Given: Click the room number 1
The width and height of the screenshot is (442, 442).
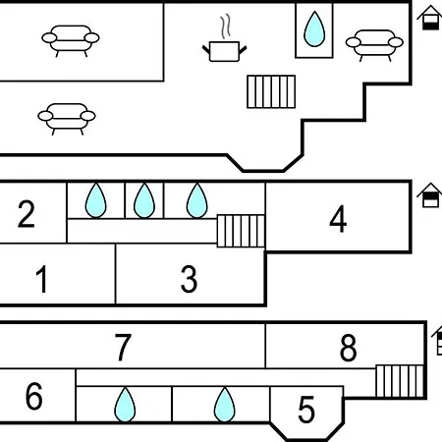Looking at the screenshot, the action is click(42, 279).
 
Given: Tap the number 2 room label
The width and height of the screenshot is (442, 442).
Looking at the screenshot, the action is click(27, 214).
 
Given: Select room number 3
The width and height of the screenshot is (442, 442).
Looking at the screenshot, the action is click(190, 279).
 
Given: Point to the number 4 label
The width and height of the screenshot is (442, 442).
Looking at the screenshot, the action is click(338, 219).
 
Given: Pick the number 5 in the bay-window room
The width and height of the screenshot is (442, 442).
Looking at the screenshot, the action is click(306, 410).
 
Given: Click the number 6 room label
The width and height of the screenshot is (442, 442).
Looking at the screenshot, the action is click(34, 396).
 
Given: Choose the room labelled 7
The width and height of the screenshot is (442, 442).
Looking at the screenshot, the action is click(123, 348).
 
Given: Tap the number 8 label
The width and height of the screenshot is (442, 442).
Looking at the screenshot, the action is click(348, 348).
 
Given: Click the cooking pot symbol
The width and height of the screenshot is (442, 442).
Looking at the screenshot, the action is click(225, 51).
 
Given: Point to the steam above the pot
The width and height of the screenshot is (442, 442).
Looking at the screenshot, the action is click(225, 27).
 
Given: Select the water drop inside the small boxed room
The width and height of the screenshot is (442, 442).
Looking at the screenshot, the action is click(314, 29).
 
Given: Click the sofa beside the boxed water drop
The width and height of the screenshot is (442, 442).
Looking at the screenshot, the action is click(374, 45).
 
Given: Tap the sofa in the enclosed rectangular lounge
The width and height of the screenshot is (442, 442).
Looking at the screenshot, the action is click(71, 40).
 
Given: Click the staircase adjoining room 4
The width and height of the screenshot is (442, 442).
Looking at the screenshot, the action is click(241, 231).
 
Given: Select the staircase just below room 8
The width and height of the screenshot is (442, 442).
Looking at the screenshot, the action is click(400, 381).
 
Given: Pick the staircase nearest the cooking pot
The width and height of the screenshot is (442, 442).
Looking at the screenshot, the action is click(271, 91).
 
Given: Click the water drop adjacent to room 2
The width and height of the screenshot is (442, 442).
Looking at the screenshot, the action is click(95, 200).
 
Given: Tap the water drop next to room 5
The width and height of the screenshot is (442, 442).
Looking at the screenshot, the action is click(224, 405).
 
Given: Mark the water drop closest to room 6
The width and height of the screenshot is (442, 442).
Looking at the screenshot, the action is click(125, 405).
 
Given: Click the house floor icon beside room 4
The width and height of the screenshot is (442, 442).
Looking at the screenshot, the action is click(430, 195).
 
